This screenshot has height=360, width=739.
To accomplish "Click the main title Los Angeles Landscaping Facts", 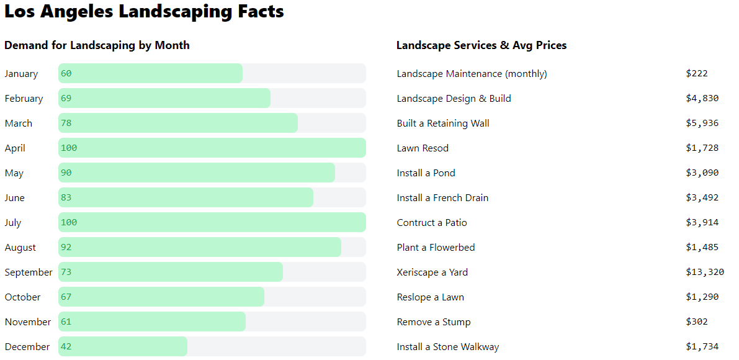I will point(144,11).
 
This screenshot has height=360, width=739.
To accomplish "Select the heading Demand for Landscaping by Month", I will point(97,45).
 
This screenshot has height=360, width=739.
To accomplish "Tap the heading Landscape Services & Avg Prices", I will point(481,45).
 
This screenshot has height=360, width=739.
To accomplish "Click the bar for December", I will point(123,346).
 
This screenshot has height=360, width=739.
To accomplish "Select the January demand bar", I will point(150,73).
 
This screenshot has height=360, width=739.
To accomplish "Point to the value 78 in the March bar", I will point(66,123).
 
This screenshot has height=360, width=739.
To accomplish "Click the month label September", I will point(29,272).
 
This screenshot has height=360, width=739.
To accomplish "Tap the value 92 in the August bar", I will point(66,247).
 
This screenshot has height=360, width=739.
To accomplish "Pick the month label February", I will point(24,98).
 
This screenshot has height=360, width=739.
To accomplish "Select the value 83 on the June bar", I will point(66,197).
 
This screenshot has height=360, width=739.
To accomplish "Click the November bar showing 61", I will point(152,322).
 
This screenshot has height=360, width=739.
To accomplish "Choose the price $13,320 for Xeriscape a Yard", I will point(704,272).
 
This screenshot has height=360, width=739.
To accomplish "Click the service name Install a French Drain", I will point(442,197).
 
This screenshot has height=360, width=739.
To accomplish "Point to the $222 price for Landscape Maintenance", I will point(696,73).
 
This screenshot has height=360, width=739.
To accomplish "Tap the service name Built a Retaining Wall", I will point(443,123).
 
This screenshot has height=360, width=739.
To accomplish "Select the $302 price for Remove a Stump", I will point(696,322).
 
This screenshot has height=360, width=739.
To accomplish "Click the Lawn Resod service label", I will point(423,148).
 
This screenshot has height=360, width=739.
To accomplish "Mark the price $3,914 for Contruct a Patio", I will point(702,222).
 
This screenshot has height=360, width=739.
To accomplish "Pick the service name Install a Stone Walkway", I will point(447,346).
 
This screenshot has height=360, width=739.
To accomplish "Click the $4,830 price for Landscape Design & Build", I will point(702,98).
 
